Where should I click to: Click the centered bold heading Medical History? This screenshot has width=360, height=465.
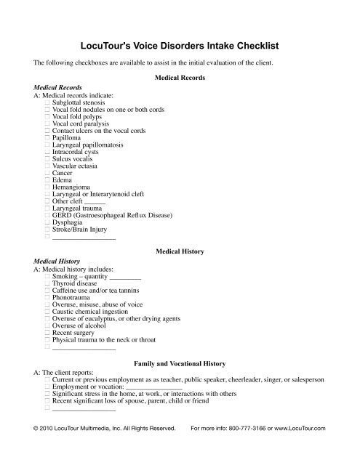click(x=180, y=251)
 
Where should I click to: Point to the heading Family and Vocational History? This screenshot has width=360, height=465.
click(x=180, y=362)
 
